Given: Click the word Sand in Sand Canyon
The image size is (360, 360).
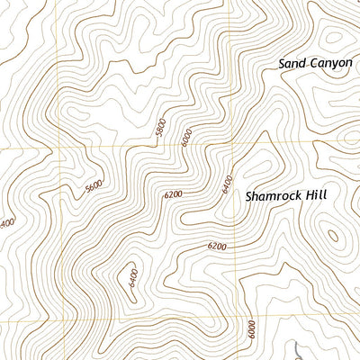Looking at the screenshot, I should (292, 63).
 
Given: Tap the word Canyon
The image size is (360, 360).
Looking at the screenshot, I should (330, 63).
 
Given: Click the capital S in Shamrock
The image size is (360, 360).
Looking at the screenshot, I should (250, 194).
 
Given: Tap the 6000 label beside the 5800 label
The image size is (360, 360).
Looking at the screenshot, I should (186, 138).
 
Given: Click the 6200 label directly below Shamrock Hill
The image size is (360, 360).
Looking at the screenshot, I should (216, 246).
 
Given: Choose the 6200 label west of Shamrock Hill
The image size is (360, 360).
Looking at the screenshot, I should (173, 194).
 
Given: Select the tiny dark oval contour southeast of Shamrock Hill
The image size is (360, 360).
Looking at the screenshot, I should (334, 236).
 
